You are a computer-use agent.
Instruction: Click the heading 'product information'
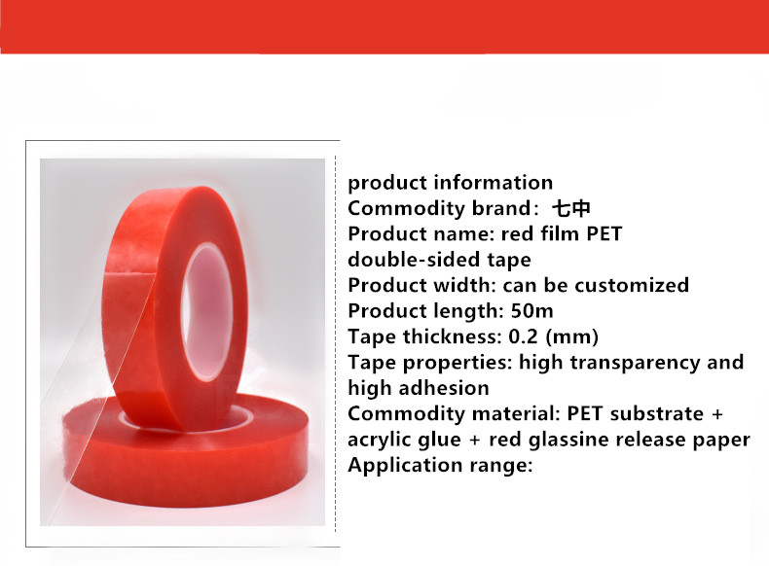click(451, 182)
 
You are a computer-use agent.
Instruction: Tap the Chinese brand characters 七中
click(570, 208)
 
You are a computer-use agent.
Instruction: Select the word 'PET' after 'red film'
click(604, 233)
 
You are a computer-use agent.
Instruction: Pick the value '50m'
click(532, 310)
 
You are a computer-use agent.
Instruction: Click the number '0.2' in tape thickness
click(524, 336)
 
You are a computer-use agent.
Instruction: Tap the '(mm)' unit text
click(571, 336)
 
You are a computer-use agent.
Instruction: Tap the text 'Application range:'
click(440, 465)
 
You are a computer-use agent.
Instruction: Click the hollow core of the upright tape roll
click(206, 310)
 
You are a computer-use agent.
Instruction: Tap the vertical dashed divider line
click(336, 343)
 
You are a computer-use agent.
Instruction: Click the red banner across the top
click(384, 26)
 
